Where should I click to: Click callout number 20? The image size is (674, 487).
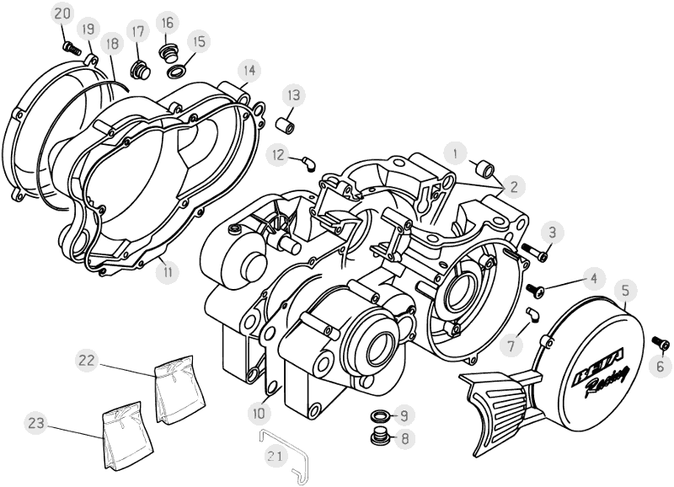(x=62, y=13)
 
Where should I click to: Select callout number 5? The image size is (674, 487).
(x=625, y=292)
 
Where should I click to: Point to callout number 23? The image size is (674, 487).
(x=35, y=422)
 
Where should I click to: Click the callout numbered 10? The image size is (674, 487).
(x=259, y=413)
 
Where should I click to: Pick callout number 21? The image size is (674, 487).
(x=274, y=456)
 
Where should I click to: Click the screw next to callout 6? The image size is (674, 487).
(x=661, y=342)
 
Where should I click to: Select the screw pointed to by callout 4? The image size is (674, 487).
(x=536, y=289)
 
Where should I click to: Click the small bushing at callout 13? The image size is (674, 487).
(x=286, y=124)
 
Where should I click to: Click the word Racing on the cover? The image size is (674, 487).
(x=605, y=383)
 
